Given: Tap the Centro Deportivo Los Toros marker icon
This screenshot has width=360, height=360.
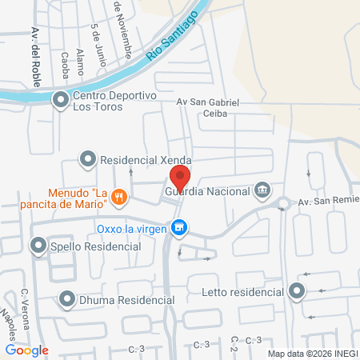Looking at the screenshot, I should click(60, 100).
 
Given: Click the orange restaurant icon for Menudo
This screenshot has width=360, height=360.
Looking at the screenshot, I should click(119, 196).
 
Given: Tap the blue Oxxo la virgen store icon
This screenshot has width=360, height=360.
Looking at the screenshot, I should click(181, 229).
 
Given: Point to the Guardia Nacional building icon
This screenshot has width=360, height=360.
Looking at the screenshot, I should click(262, 190).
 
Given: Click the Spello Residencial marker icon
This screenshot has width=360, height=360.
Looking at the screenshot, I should click(38, 246).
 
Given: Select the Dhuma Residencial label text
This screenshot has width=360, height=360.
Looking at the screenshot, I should click(126, 300).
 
